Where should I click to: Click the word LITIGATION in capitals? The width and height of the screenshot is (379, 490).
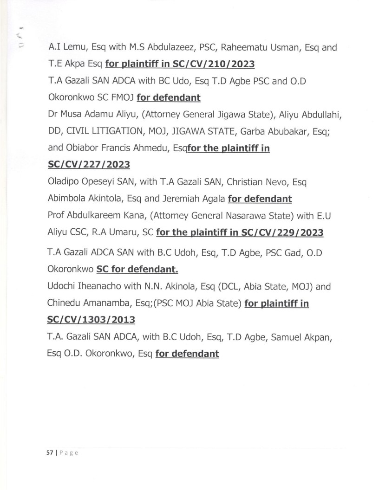[x=110, y=131]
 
